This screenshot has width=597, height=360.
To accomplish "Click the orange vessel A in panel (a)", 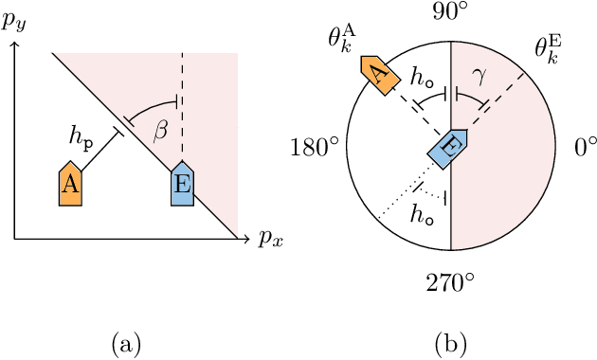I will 69,185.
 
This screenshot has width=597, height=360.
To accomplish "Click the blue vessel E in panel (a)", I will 183,185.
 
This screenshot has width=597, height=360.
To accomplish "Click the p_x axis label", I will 270,238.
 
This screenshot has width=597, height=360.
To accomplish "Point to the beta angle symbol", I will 161,132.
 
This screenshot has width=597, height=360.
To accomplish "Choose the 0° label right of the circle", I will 586,149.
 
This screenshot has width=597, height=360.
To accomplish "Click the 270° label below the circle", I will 451,283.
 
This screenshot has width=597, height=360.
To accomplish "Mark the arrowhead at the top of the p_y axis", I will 14,45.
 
